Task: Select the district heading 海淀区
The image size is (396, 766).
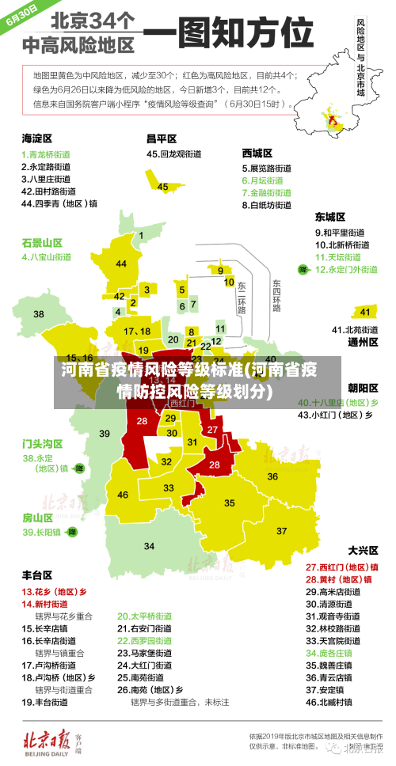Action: point(37,138)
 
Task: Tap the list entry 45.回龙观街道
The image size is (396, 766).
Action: point(177,154)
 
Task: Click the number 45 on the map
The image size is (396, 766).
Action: point(162,187)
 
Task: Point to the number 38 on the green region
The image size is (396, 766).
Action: point(38,292)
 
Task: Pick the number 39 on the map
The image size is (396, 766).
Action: point(105,433)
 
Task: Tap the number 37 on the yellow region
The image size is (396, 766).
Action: point(281,530)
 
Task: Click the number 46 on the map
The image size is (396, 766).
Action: point(123,495)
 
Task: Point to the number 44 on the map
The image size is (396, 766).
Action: point(121,264)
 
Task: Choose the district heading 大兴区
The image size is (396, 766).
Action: point(363,549)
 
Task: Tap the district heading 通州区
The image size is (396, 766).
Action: point(363,342)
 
